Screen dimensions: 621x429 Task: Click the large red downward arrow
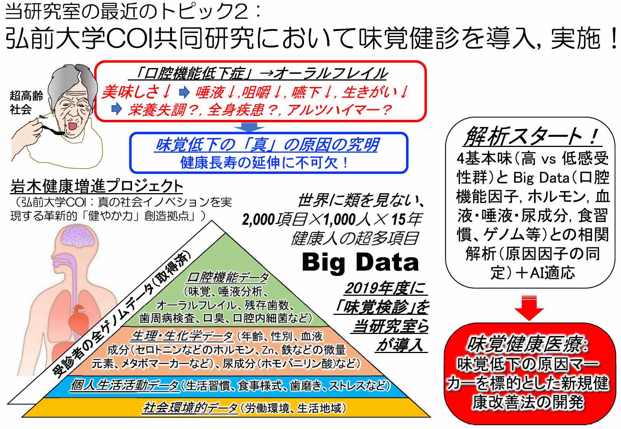pos(529,308)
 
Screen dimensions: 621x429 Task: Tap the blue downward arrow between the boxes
pos(249,127)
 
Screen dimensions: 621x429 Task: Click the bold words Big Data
pos(360,262)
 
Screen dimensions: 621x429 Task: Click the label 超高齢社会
pos(26,102)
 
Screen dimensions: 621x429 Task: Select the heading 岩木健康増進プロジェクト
pos(97,186)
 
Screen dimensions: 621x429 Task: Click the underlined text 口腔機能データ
pos(228,277)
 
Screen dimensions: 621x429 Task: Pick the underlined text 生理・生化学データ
pos(182,336)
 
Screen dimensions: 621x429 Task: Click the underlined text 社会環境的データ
pos(190,408)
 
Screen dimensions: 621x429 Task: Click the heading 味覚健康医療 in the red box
pos(527,344)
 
